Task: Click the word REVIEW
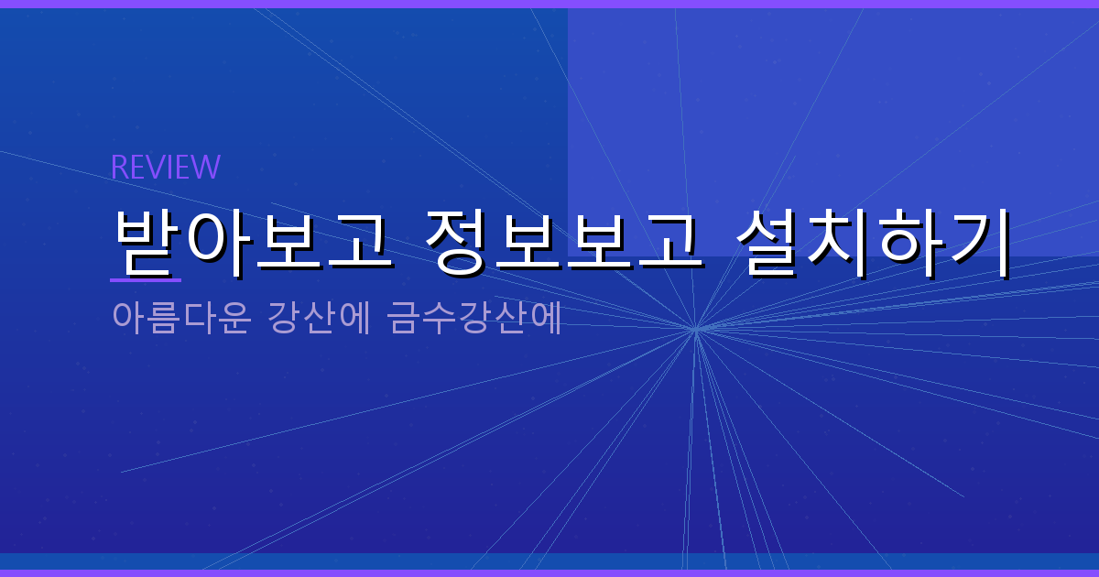[165, 167]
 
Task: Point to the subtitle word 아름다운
[180, 318]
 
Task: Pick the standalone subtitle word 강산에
[319, 318]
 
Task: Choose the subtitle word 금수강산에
[474, 318]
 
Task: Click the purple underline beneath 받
[146, 279]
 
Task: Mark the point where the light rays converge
[695, 328]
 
